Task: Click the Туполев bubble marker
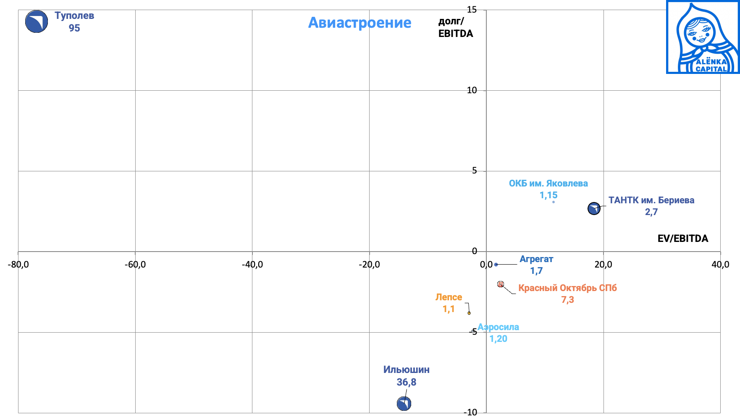click(37, 21)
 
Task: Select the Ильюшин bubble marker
click(404, 404)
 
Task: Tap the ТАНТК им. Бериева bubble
click(594, 208)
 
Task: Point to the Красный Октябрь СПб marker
click(501, 284)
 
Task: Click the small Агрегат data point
click(496, 265)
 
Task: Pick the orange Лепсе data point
click(469, 313)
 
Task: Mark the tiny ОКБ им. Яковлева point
click(554, 202)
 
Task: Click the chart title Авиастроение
click(360, 23)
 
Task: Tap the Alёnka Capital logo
click(703, 37)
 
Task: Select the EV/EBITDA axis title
click(682, 239)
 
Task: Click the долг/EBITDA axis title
click(455, 28)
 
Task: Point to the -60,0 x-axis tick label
click(135, 265)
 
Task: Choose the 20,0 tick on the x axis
click(603, 265)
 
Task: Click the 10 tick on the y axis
click(472, 90)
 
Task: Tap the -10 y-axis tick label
click(470, 412)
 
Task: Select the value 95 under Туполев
click(74, 28)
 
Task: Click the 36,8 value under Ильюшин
click(406, 382)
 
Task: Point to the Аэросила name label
click(499, 327)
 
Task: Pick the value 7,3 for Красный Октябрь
click(567, 300)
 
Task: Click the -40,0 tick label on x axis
click(252, 265)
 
